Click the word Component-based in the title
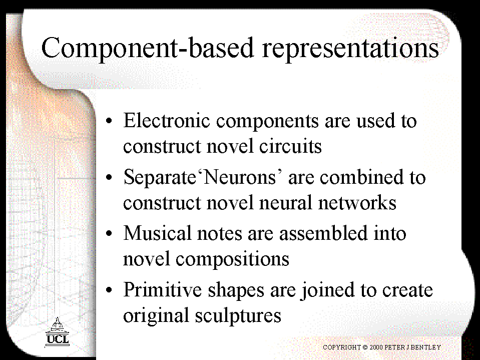pos(148,49)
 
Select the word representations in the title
pos(351,49)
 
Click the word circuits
pos(290,146)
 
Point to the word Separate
pos(160,177)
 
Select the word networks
pos(357,202)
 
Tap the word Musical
pos(157,233)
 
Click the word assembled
pos(323,233)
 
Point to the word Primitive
pos(163,289)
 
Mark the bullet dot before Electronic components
pos(109,121)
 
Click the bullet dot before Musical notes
pos(109,233)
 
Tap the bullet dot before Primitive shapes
pos(109,290)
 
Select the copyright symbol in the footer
pos(365,347)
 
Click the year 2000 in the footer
pos(376,347)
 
